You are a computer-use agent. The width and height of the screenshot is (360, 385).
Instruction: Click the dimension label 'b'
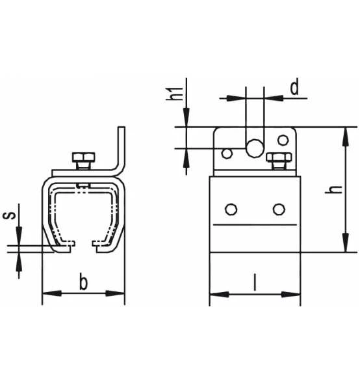(x=83, y=283)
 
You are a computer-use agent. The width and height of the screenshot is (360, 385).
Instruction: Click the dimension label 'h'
(x=333, y=189)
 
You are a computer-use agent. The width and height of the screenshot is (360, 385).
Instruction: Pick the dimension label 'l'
(x=255, y=284)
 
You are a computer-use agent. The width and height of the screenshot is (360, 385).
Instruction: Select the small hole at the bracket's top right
(x=282, y=139)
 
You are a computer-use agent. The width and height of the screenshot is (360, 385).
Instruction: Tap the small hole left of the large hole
(x=227, y=153)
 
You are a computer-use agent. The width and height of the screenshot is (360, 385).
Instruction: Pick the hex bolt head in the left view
(x=83, y=159)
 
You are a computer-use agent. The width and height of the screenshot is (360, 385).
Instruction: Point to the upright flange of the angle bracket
(x=121, y=146)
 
